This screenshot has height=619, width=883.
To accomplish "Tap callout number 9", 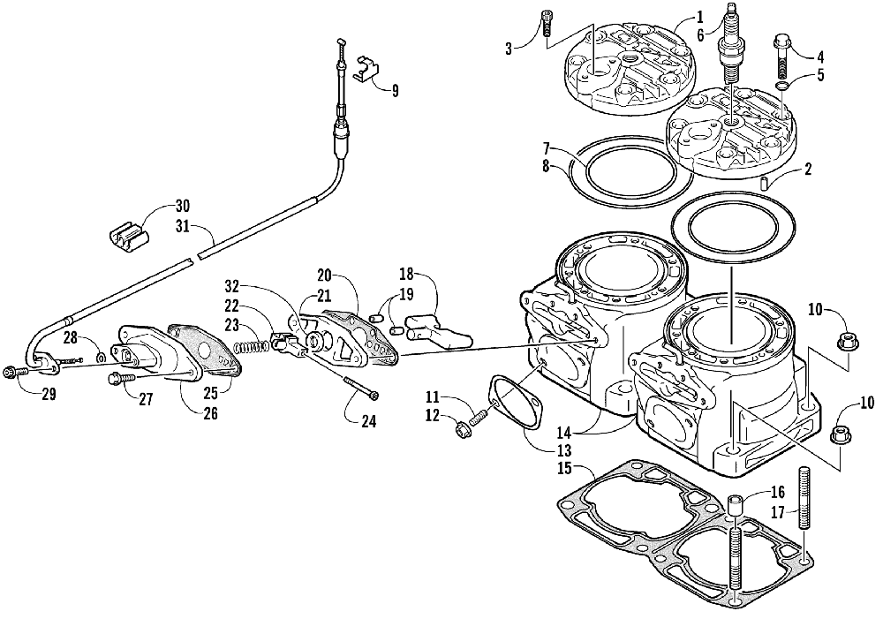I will pyautogui.click(x=395, y=89).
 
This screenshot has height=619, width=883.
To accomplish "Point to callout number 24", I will pyautogui.click(x=368, y=422).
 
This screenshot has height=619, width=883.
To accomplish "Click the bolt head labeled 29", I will pyautogui.click(x=11, y=372).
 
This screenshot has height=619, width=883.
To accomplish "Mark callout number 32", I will pyautogui.click(x=231, y=286).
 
